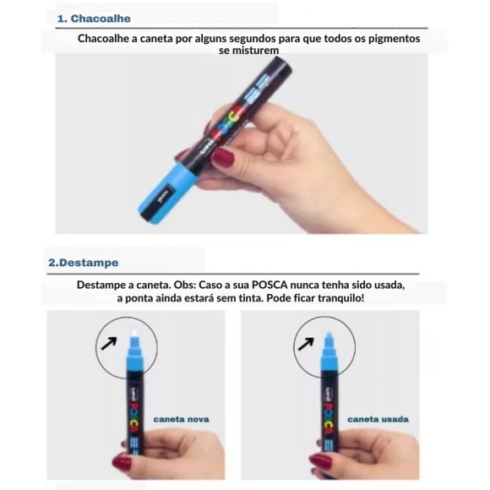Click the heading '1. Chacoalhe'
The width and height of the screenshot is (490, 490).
pyautogui.click(x=94, y=18)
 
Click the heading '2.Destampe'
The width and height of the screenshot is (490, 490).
pyautogui.click(x=84, y=263)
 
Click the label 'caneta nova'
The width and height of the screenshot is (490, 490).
pyautogui.click(x=181, y=418)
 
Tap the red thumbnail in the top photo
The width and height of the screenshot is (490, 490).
pyautogui.click(x=222, y=156)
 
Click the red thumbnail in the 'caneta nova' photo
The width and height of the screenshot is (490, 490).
pyautogui.click(x=123, y=462)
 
